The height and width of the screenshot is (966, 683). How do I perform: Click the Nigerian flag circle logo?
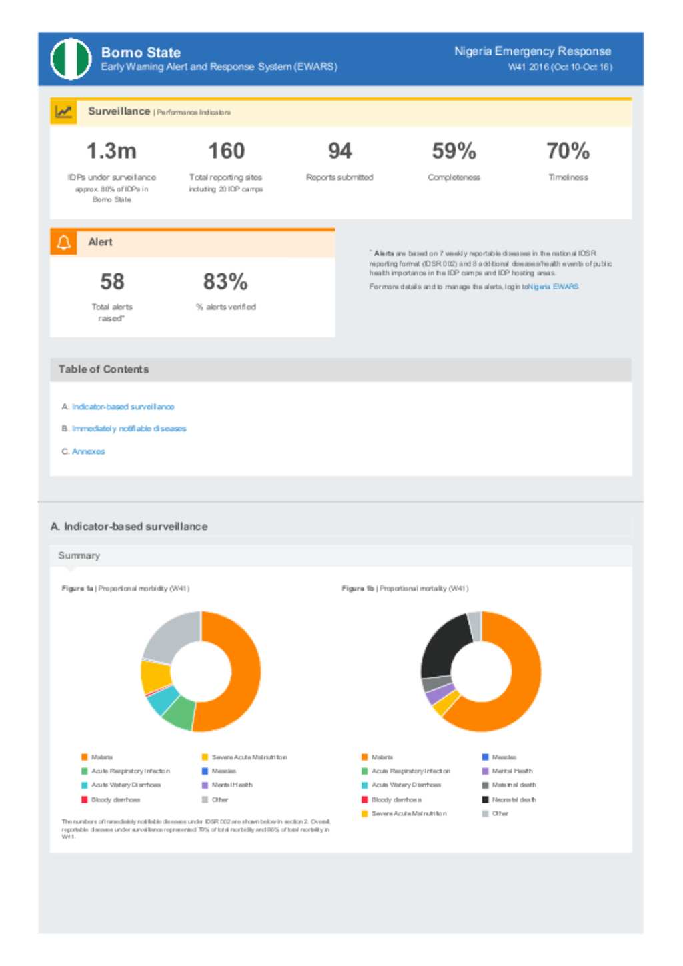[x=71, y=59]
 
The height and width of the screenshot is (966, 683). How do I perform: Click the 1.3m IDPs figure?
[x=111, y=151]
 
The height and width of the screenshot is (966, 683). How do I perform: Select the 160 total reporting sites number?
[x=226, y=151]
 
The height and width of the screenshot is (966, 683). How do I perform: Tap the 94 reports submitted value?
[x=339, y=151]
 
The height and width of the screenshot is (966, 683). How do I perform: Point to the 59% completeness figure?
[x=454, y=151]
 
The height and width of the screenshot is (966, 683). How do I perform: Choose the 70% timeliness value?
[x=568, y=151]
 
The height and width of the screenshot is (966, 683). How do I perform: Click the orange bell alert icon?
[x=64, y=243]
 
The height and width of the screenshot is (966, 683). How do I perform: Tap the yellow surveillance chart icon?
[x=64, y=112]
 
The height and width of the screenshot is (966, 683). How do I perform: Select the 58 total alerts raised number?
[x=112, y=281]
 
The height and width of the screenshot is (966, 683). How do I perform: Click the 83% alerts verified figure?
[x=225, y=281]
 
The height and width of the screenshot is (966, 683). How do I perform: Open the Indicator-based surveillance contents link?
[x=123, y=407]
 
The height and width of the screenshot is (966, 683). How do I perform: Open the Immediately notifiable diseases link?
[x=129, y=429]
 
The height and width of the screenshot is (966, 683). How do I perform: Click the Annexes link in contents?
[x=88, y=451]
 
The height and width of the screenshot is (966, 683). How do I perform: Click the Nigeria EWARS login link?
[x=553, y=287]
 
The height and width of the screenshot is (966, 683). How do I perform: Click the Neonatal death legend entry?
[x=513, y=799]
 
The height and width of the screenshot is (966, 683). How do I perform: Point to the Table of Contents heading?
[x=103, y=369]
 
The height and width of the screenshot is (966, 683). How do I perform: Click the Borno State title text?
[x=141, y=52]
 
